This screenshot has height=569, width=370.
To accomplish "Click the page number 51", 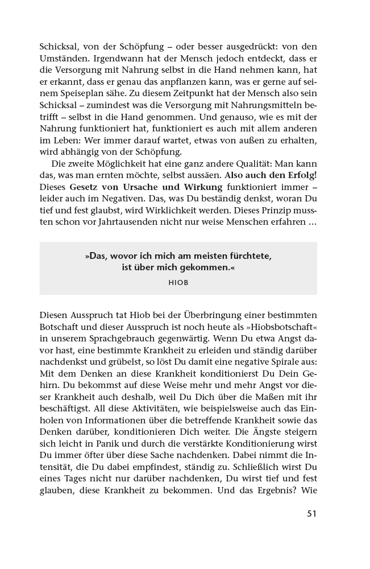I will point(311,513).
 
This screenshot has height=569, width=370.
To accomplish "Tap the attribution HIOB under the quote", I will point(178,282).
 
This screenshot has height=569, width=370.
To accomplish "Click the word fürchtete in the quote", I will point(244,256).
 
